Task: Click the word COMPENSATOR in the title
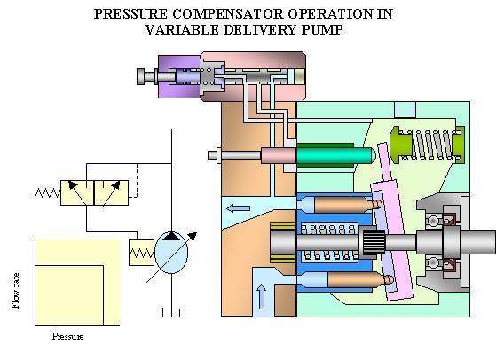click(x=228, y=14)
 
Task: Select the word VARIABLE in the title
click(x=182, y=30)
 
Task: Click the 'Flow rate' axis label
click(x=15, y=291)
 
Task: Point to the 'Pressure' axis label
click(x=67, y=336)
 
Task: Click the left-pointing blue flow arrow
click(x=238, y=208)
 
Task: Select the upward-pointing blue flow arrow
click(x=261, y=296)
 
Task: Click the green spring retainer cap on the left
click(x=401, y=145)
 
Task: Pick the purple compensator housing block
click(x=178, y=76)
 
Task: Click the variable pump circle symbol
click(x=171, y=253)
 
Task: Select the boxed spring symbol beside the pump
click(x=141, y=253)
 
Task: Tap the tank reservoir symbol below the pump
click(x=171, y=314)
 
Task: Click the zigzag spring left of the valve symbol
click(x=47, y=192)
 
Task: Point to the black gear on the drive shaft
click(x=374, y=242)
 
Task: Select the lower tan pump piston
click(x=360, y=279)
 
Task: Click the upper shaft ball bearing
click(x=433, y=220)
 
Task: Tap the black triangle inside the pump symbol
click(x=171, y=236)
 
